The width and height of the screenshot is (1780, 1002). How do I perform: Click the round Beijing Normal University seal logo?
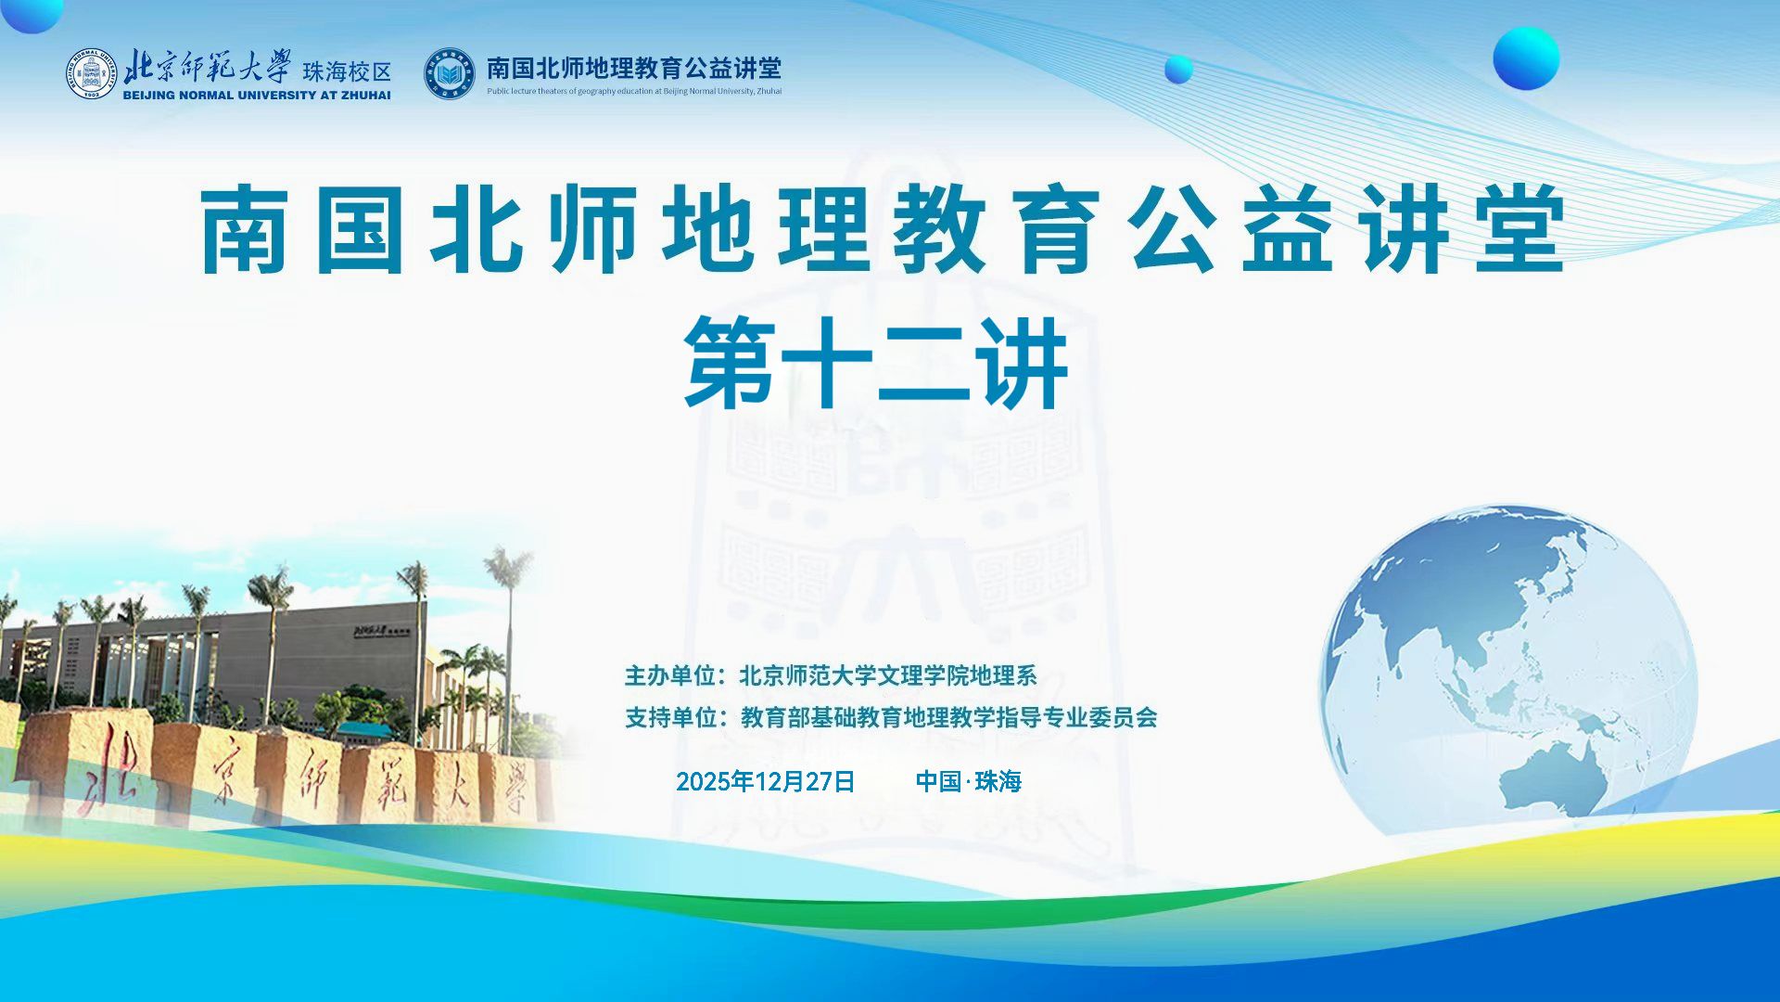coord(91,74)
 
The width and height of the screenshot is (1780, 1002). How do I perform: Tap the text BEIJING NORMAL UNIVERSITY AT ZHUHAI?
coord(257,95)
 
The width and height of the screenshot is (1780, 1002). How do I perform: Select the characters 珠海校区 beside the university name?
coord(347,71)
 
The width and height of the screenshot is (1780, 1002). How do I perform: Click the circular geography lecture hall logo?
coord(450,74)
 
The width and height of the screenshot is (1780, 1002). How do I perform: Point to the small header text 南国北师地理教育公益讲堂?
coord(634,68)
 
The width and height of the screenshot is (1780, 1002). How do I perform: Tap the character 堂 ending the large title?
coord(1520,229)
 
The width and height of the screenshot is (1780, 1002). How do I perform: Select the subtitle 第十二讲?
coord(876,362)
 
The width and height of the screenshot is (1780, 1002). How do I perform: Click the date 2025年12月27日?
coord(765,781)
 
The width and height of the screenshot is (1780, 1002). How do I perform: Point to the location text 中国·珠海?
coord(968,781)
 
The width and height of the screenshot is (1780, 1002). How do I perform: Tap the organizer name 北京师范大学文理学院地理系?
coord(887,675)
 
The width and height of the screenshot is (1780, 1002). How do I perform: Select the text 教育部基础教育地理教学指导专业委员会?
coord(949,717)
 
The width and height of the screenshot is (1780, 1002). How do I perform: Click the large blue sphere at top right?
coord(1526,58)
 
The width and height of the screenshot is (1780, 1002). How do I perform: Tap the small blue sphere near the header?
coord(1178,70)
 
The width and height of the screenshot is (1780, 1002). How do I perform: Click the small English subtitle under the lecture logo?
coord(634,91)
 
